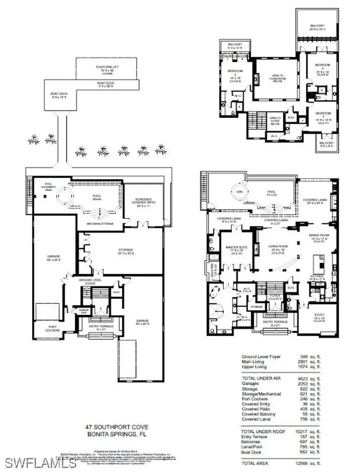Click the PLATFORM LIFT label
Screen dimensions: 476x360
pos(106,68)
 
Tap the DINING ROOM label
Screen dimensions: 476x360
pos(318,237)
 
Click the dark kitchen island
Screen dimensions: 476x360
pos(320,264)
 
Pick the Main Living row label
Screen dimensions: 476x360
pos(253,362)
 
